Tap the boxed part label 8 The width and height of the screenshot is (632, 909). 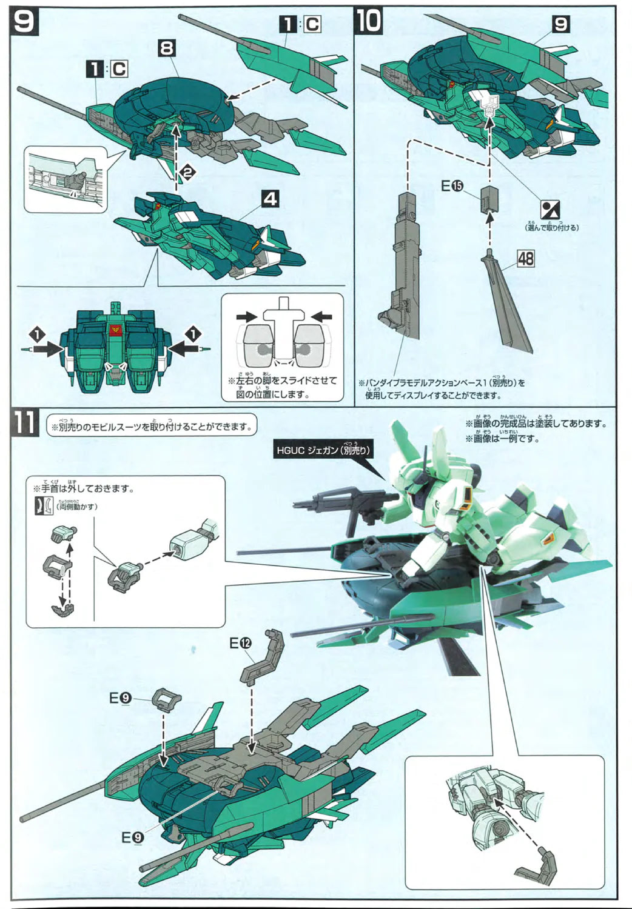tap(167, 48)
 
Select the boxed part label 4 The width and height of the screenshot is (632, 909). tap(271, 198)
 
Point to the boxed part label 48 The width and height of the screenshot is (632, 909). tap(525, 259)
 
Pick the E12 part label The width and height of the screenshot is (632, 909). tap(240, 643)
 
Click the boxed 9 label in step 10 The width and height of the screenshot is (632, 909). tap(561, 24)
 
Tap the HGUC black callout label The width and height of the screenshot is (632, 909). tap(323, 450)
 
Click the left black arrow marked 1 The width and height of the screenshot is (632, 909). tap(45, 346)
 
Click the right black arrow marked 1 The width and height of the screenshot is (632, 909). tap(185, 346)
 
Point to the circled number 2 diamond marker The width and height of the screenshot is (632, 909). tap(187, 174)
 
